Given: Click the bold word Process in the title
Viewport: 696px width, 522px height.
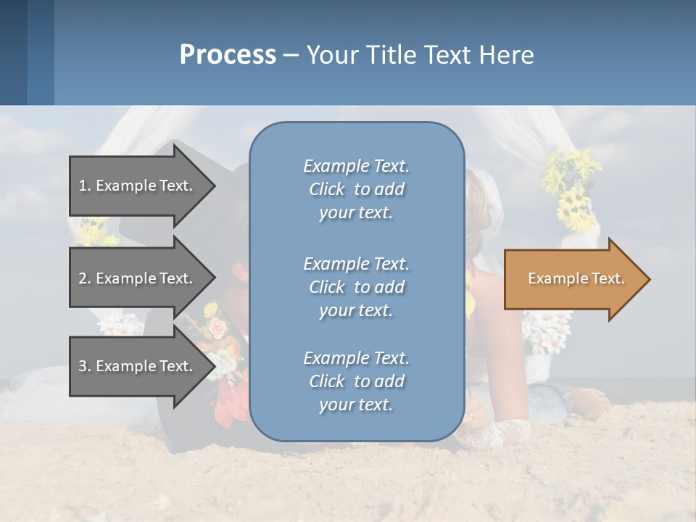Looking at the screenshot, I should tap(228, 55).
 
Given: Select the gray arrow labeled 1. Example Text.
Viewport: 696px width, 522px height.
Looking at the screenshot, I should tap(138, 186).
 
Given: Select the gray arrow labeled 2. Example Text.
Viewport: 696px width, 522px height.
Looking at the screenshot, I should tap(138, 278).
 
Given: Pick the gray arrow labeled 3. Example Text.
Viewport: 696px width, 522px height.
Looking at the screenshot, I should tap(138, 366).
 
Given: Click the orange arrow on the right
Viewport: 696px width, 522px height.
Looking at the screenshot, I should tap(573, 279).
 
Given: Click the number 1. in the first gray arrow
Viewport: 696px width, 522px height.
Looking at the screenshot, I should tap(85, 186).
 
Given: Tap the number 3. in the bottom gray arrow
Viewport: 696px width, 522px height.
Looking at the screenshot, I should tap(85, 366).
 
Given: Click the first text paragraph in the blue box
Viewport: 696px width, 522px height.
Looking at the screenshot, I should tap(356, 189).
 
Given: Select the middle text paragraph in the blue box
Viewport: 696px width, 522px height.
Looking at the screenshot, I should tap(356, 287).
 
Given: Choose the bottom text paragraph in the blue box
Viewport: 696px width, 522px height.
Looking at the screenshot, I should tap(356, 381).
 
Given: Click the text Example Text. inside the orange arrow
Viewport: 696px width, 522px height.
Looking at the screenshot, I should tap(576, 278).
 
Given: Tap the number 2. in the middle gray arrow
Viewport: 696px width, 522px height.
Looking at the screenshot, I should tap(85, 278).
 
